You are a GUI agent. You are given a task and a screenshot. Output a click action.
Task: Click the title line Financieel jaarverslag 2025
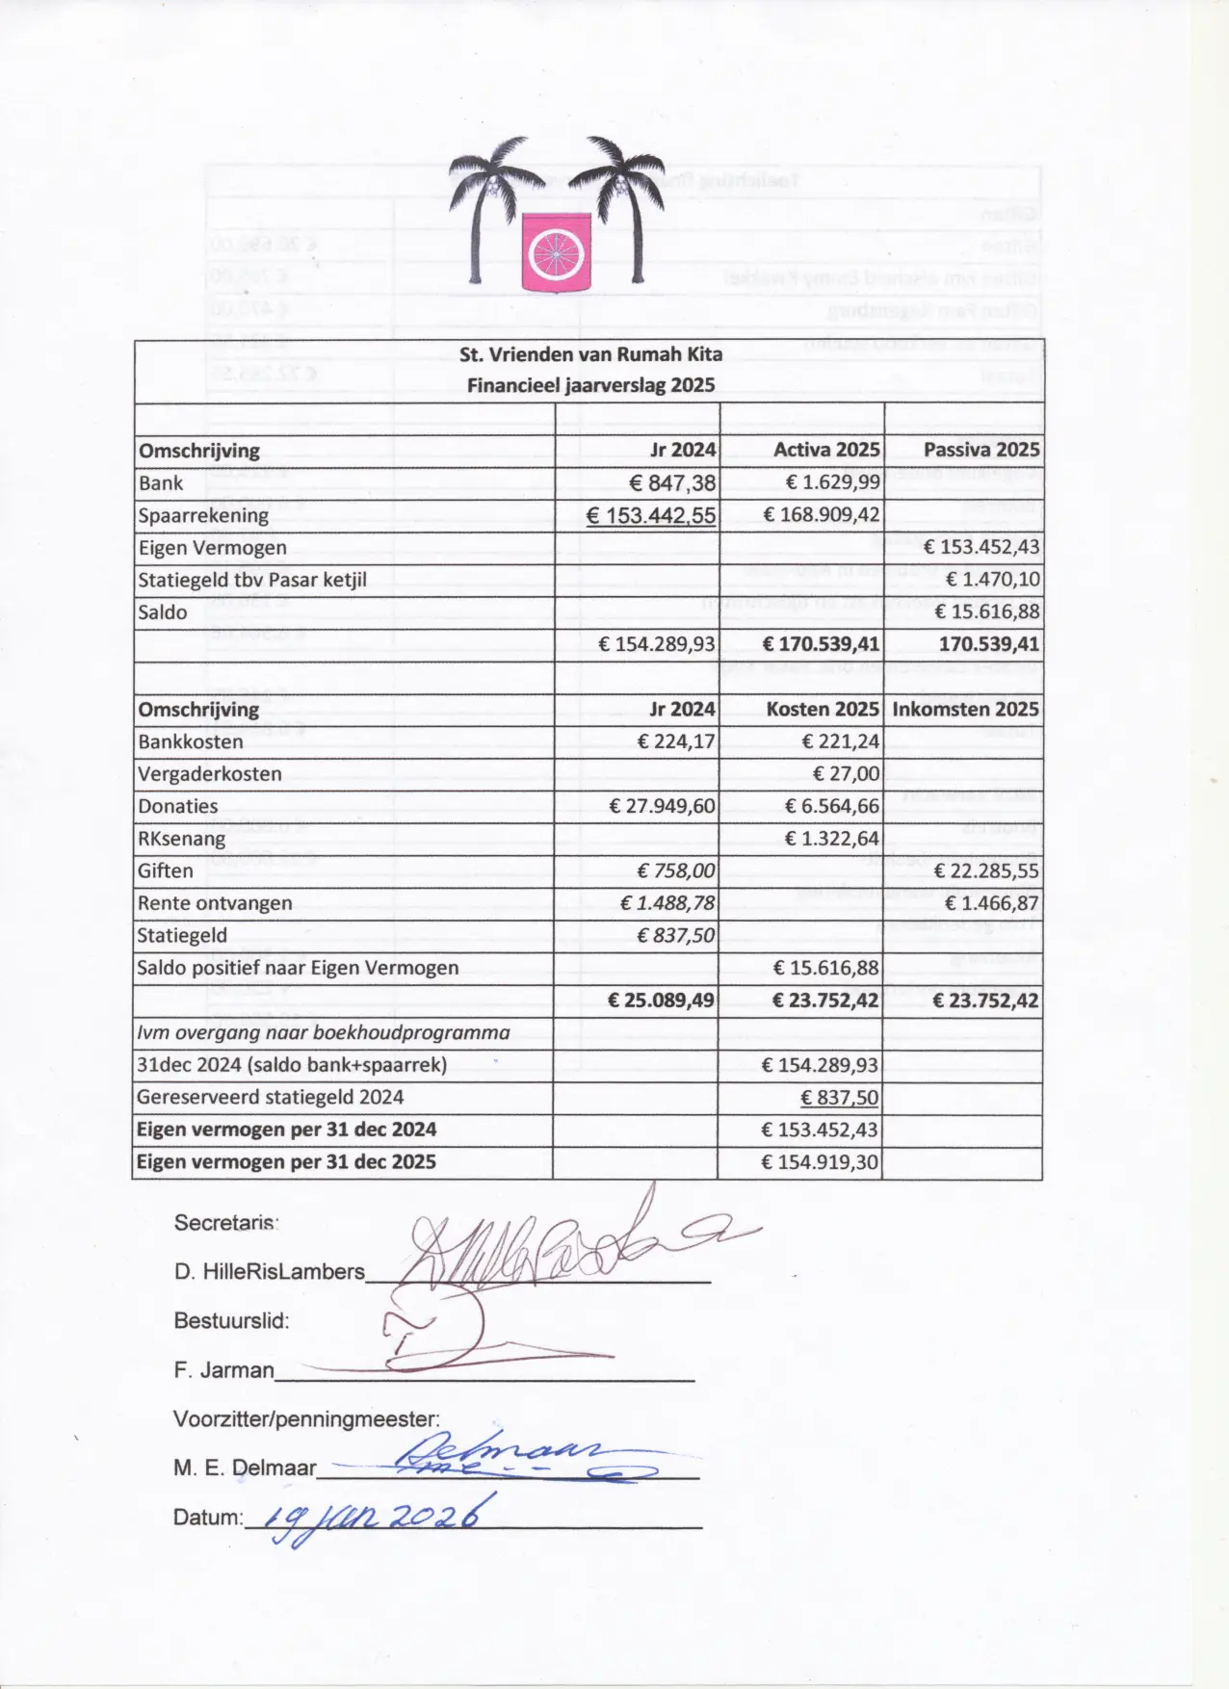pos(590,385)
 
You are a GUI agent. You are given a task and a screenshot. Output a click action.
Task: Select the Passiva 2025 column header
pos(981,450)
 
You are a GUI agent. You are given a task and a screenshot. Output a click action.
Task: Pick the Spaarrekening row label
pos(203,515)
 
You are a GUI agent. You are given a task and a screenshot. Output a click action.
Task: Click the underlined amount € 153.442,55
pos(651,515)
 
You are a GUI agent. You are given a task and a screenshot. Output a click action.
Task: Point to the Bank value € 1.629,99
pos(832,482)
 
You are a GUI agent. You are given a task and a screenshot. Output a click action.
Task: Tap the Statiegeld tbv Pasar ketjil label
pos(252,580)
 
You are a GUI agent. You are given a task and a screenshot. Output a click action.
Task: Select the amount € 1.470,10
pos(992,580)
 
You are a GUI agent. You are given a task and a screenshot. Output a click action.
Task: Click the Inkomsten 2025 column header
pos(965,710)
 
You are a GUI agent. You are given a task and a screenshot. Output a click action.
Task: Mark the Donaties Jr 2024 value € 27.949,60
pos(663,807)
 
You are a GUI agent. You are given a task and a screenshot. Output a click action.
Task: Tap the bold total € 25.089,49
pos(662,1000)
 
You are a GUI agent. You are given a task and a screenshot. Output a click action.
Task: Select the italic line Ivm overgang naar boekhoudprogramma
pos(324,1033)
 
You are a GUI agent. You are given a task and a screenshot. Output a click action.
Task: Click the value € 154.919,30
pos(820,1162)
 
